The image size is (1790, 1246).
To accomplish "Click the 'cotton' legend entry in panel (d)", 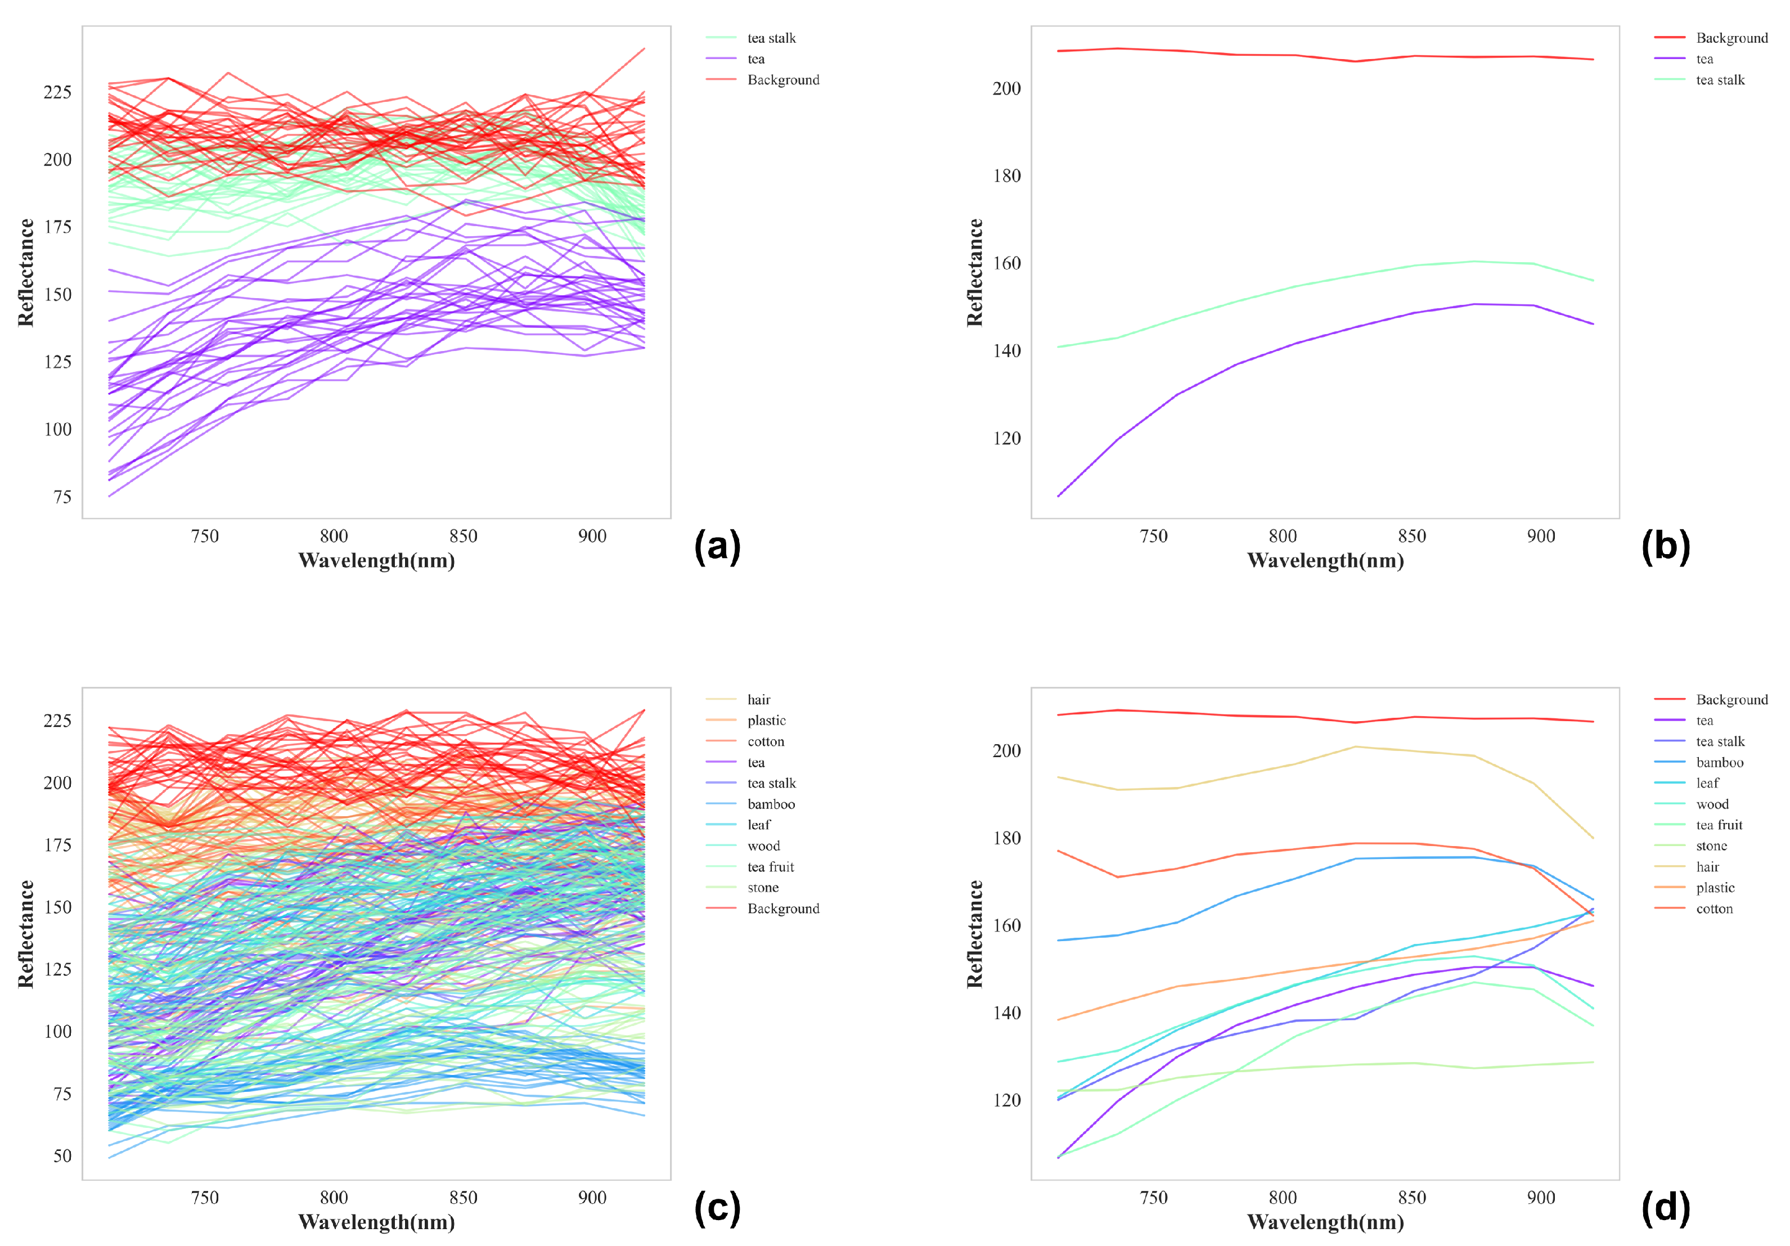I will pyautogui.click(x=1713, y=908).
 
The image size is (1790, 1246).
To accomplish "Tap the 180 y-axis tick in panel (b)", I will pyautogui.click(x=1006, y=176).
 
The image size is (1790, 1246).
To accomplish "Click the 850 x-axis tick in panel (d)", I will pyautogui.click(x=1412, y=1198).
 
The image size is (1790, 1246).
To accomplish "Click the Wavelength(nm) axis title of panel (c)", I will pyautogui.click(x=376, y=1222).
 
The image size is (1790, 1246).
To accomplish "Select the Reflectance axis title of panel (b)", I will pyautogui.click(x=974, y=272).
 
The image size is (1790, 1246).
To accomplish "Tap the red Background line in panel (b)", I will pyautogui.click(x=1283, y=55).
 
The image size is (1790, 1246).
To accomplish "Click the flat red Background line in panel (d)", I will pyautogui.click(x=1283, y=717).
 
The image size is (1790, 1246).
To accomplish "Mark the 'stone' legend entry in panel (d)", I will pyautogui.click(x=1711, y=846).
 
